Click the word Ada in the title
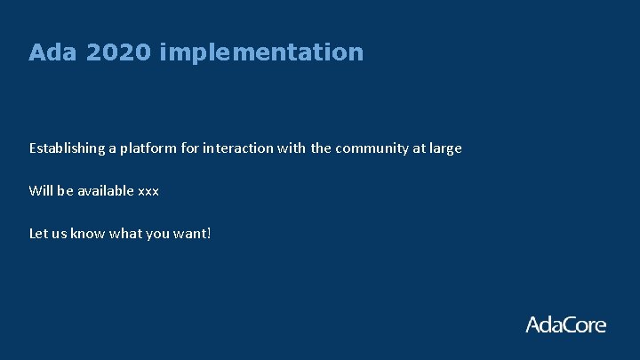click(x=48, y=52)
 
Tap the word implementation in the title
click(x=262, y=53)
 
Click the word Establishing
click(x=67, y=148)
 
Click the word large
click(x=444, y=148)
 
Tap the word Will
click(x=41, y=191)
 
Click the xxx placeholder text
click(x=148, y=192)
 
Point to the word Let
click(x=39, y=234)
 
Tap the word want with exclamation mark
click(x=195, y=234)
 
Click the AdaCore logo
click(x=565, y=324)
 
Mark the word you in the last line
click(x=159, y=235)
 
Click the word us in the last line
click(x=61, y=235)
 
